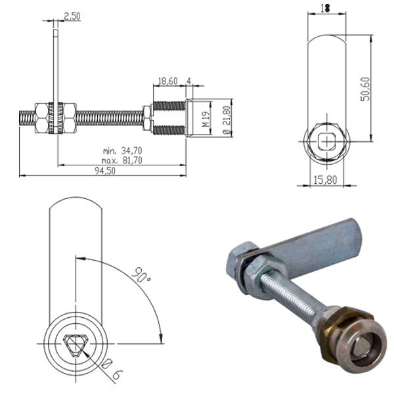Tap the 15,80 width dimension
pos(326,179)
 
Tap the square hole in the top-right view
pos(326,140)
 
